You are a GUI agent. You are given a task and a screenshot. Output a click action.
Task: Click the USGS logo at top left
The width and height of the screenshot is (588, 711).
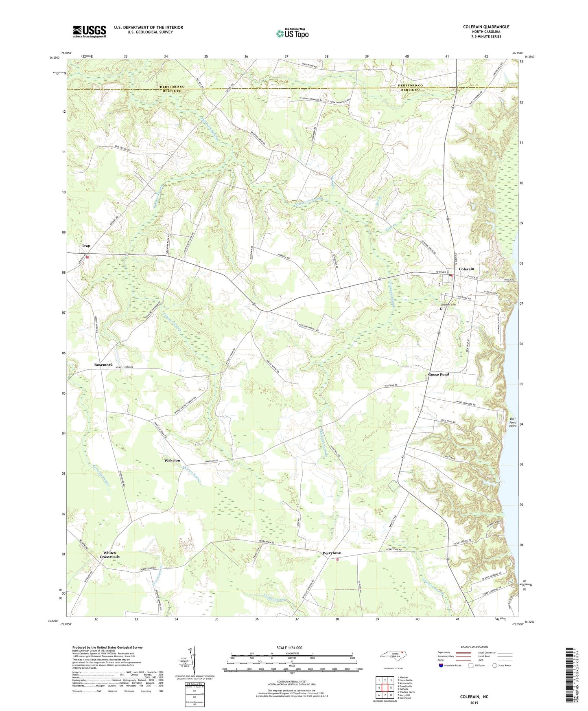click(x=90, y=31)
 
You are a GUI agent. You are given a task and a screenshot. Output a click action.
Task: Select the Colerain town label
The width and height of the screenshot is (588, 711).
click(x=466, y=269)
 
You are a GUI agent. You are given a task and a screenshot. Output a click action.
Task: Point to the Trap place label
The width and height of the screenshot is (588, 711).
click(x=86, y=246)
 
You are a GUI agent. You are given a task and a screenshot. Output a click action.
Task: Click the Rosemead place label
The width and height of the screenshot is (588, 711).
click(x=103, y=364)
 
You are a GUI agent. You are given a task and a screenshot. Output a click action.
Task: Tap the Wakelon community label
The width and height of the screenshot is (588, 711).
click(x=172, y=460)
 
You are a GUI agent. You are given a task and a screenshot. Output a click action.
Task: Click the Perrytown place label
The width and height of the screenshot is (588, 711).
click(x=332, y=553)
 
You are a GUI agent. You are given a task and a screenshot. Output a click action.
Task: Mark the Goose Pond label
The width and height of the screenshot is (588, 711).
click(x=439, y=374)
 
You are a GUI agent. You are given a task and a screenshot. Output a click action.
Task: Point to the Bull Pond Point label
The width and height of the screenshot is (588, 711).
click(x=513, y=422)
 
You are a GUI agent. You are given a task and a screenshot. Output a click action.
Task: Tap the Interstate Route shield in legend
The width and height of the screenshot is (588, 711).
click(x=442, y=665)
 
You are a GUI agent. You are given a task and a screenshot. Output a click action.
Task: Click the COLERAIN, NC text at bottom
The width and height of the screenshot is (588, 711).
click(x=474, y=697)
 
